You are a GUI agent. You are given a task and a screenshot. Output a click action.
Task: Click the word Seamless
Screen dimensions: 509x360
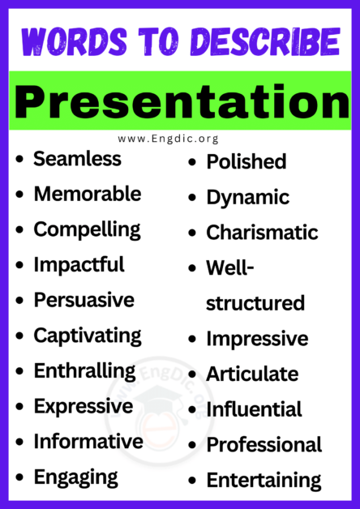click(x=77, y=159)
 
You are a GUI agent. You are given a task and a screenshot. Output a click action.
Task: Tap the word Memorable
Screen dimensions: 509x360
click(x=87, y=195)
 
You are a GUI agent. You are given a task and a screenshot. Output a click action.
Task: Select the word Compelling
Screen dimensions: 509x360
click(x=87, y=229)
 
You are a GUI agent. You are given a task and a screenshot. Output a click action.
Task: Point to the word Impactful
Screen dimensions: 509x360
click(x=79, y=264)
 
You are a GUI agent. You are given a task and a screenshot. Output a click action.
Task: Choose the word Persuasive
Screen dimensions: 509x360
click(x=84, y=300)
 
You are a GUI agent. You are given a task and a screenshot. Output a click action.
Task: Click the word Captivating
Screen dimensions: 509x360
click(x=87, y=335)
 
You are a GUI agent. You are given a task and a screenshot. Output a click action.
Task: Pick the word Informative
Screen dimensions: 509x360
click(x=88, y=442)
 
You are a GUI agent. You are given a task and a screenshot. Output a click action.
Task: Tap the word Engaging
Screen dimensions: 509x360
click(x=75, y=477)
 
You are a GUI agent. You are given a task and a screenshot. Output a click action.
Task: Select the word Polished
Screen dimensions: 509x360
click(x=246, y=162)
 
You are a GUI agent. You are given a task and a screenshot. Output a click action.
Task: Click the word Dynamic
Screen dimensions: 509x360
click(x=247, y=197)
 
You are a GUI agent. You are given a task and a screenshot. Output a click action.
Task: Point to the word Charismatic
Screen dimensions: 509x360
click(x=262, y=233)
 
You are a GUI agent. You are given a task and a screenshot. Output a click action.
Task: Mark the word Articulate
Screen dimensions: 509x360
click(x=252, y=374)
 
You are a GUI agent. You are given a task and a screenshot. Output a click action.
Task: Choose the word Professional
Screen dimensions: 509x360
click(x=264, y=445)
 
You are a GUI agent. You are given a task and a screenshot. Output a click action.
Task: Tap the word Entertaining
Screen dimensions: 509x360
click(x=264, y=481)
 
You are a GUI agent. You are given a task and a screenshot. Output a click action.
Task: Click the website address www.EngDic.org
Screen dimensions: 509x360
click(x=180, y=139)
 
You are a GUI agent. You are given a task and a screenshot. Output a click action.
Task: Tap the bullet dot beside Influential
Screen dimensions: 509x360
click(x=192, y=410)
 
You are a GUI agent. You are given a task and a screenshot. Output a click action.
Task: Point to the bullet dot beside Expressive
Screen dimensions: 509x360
click(x=19, y=407)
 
